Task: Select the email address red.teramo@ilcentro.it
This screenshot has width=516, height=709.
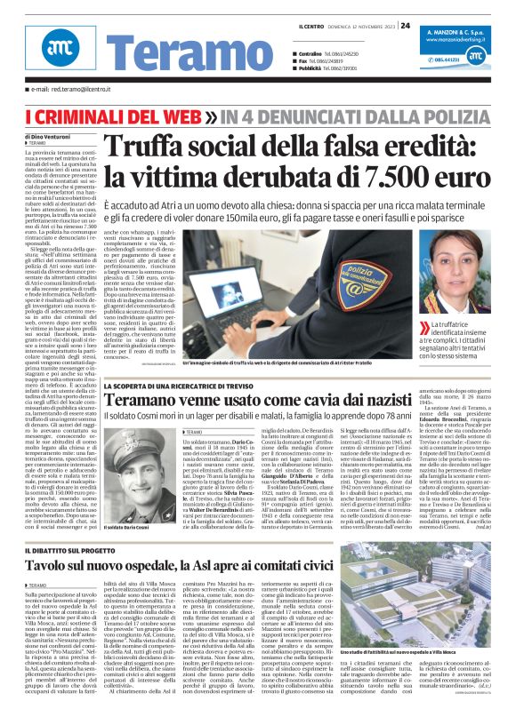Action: pyautogui.click(x=75, y=90)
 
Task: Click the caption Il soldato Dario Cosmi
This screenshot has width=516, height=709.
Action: pyautogui.click(x=130, y=528)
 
